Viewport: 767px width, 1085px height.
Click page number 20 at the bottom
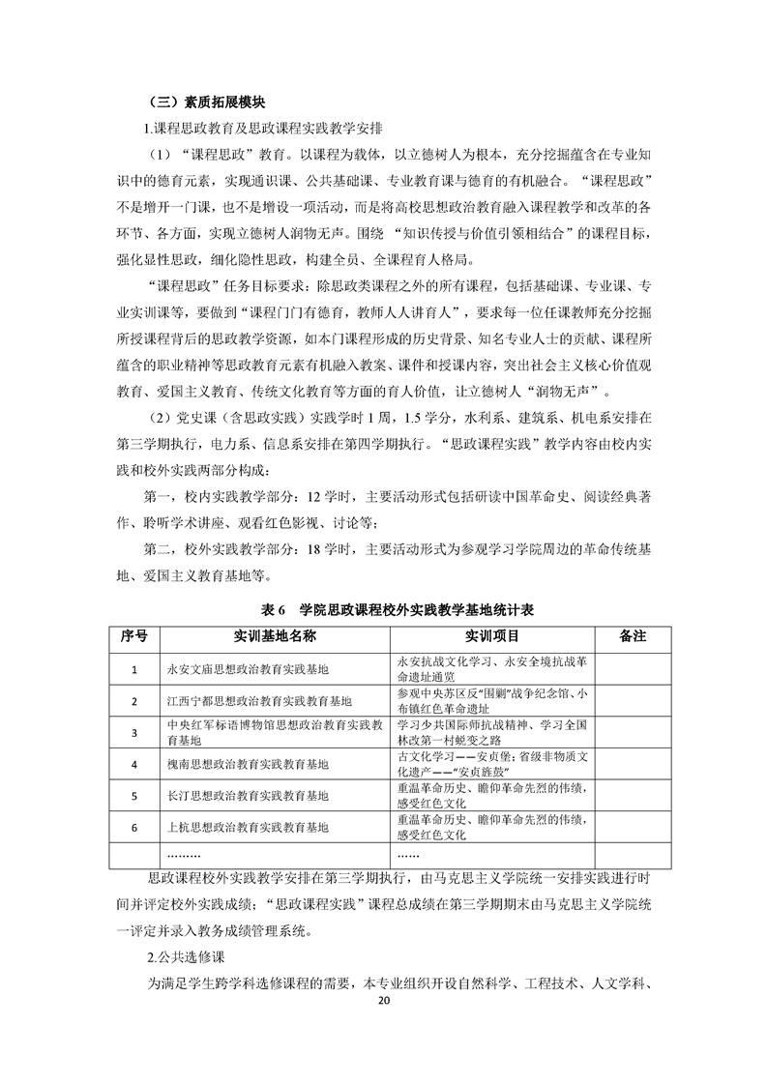coord(383,1001)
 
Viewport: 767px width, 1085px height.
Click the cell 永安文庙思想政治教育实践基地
coord(248,668)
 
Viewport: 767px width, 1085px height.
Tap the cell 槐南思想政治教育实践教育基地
coord(248,764)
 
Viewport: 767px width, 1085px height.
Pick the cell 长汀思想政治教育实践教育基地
coord(248,796)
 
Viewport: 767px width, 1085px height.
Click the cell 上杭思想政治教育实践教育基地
coord(248,828)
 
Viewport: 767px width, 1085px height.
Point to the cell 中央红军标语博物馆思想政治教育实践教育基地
coord(275,732)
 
